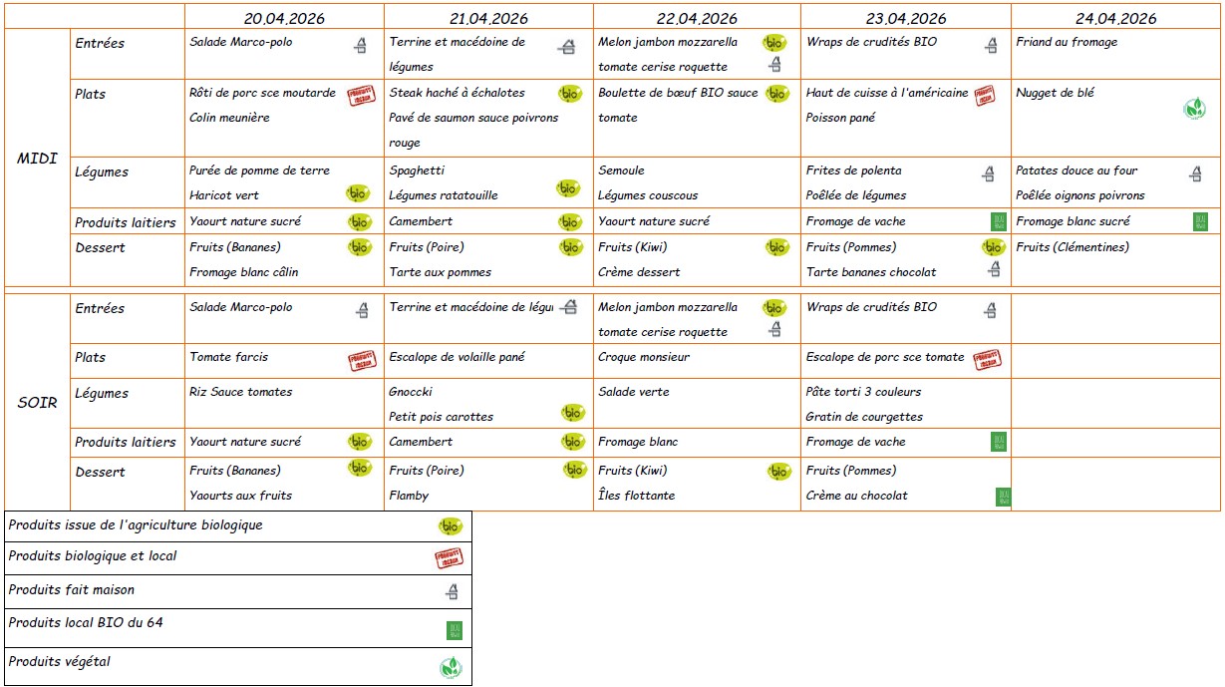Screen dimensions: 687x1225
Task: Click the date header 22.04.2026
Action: tap(696, 19)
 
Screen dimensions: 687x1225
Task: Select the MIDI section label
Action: tap(37, 159)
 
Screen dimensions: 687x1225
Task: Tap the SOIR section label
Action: tap(37, 403)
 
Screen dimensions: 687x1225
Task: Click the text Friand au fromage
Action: tap(1067, 43)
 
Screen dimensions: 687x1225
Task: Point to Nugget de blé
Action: tap(1055, 94)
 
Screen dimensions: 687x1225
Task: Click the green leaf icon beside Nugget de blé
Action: tap(1193, 109)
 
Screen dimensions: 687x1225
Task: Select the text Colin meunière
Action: tap(229, 118)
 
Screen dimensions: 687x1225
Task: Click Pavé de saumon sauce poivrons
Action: tap(473, 118)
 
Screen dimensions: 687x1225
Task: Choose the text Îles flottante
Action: tap(637, 496)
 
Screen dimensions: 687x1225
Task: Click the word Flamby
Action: tap(409, 496)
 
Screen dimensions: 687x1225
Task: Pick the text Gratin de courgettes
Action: tap(864, 417)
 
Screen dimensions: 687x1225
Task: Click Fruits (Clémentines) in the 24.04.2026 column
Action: tap(1072, 247)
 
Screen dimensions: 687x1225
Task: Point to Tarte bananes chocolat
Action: tap(871, 272)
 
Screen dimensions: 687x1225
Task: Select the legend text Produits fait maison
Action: tap(72, 590)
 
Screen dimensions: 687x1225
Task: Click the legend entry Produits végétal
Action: tap(60, 661)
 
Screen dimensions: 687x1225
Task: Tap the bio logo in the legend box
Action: tap(451, 526)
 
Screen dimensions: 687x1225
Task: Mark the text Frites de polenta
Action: tap(853, 171)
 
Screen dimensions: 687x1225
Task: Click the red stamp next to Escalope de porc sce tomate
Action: tap(986, 360)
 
